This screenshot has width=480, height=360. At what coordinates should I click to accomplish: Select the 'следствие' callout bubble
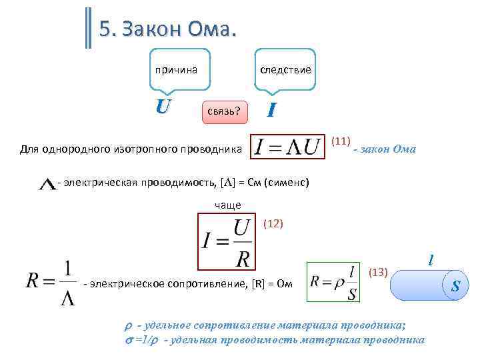(x=285, y=69)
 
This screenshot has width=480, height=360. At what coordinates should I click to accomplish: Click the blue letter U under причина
(x=163, y=106)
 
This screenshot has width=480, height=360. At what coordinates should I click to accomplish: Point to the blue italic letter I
(x=271, y=109)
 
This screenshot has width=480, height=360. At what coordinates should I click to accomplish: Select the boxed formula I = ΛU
(x=287, y=147)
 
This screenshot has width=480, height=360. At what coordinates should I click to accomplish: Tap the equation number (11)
(x=341, y=141)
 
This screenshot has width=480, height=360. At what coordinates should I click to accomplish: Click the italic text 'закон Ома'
(x=389, y=149)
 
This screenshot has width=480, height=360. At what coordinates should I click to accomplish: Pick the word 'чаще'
(x=227, y=205)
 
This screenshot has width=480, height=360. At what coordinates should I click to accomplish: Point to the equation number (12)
(x=274, y=224)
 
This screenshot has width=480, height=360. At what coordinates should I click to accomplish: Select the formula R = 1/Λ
(x=50, y=281)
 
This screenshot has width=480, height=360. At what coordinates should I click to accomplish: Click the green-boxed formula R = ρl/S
(x=331, y=281)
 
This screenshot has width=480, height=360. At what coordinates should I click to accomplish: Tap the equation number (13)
(x=378, y=272)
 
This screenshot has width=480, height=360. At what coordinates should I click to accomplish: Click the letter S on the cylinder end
(x=455, y=287)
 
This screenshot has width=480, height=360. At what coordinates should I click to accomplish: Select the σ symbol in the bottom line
(x=129, y=340)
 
